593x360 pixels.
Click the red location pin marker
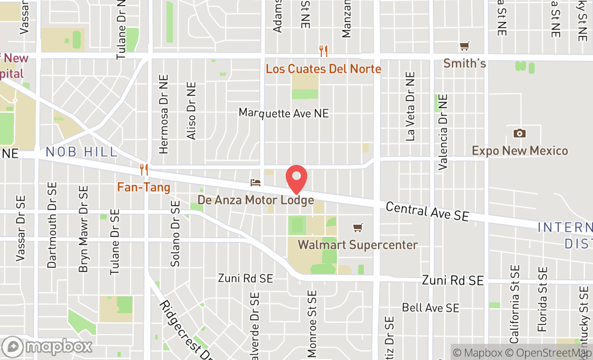point(296,179)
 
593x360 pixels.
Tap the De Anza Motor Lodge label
point(256,200)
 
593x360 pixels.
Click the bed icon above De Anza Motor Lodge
point(256,183)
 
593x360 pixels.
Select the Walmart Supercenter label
point(357,245)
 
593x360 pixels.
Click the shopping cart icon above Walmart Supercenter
point(357,227)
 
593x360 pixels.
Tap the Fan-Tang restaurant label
point(144,188)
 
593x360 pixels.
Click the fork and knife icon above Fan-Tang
point(144,170)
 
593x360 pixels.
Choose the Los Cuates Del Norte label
point(323,69)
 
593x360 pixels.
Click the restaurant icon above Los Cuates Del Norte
point(323,51)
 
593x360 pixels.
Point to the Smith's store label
point(465,64)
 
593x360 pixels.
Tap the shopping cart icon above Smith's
point(464,46)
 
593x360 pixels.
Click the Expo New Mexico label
point(520,150)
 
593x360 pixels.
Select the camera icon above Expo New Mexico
point(520,133)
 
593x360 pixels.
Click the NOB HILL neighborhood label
point(81,152)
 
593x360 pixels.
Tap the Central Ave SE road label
point(427,211)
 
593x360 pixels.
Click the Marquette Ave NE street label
point(284,113)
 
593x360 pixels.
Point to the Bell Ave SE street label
point(431,308)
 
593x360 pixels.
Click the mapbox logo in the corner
point(47,346)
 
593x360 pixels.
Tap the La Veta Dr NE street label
point(411,107)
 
